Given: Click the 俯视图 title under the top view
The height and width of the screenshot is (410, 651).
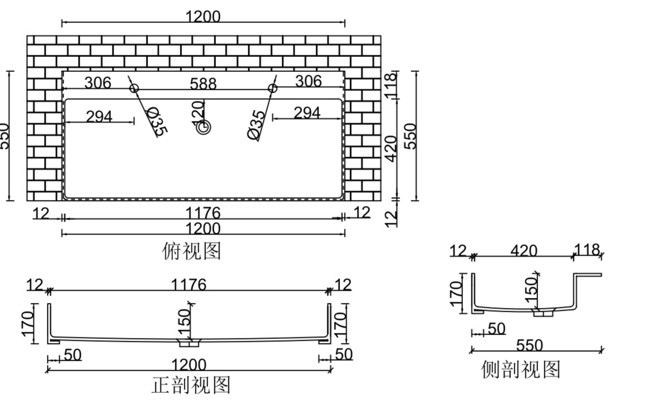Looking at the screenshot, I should [x=191, y=251].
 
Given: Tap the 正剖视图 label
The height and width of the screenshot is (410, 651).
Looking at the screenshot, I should [x=191, y=385].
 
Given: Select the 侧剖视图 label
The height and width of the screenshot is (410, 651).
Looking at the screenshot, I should [x=521, y=369].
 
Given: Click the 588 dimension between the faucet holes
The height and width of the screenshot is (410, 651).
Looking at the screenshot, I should [x=203, y=83].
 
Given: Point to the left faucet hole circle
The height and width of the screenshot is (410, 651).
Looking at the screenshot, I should [x=134, y=88].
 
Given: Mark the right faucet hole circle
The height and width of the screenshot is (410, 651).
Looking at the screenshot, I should [x=273, y=88].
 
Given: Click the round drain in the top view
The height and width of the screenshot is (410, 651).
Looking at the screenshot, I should [x=204, y=127].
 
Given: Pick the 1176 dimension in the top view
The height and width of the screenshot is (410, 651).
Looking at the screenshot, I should [x=204, y=213].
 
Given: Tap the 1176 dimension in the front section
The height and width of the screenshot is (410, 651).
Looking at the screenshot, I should [x=188, y=285].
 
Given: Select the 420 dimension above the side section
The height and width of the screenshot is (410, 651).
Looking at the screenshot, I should [x=524, y=250].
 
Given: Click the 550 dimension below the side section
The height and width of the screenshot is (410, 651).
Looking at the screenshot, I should [x=529, y=345].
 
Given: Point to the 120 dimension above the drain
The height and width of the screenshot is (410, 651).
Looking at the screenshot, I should [x=198, y=111].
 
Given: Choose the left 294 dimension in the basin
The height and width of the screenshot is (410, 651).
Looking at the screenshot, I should [x=99, y=116].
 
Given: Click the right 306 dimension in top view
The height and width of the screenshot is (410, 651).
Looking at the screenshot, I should [x=308, y=81].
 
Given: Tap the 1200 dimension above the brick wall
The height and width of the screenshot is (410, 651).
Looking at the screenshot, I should [x=203, y=17].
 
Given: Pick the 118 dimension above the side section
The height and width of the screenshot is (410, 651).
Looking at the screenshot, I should [x=588, y=250].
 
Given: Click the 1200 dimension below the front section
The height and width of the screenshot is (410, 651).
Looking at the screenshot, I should [x=189, y=365].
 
